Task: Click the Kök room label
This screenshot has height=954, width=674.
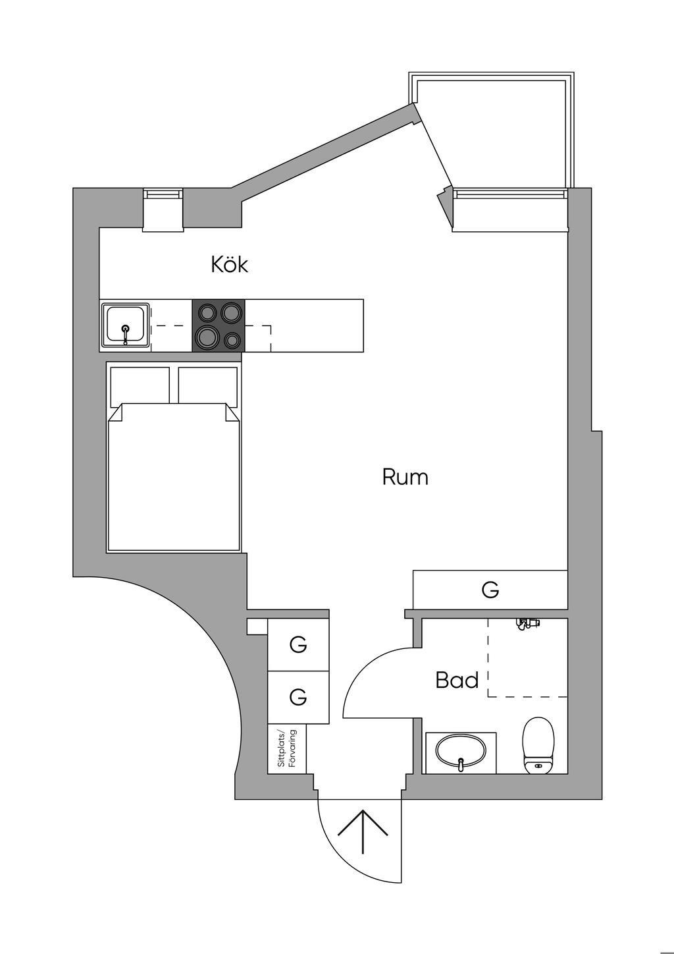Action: click(x=229, y=264)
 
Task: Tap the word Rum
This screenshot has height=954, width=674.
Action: click(x=405, y=477)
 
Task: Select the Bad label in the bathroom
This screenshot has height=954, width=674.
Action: click(x=457, y=680)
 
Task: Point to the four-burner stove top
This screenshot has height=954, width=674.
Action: click(x=219, y=326)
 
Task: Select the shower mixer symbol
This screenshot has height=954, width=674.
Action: click(x=528, y=623)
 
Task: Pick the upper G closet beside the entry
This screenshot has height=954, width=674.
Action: click(x=298, y=645)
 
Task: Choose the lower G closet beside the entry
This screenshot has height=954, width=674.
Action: click(x=298, y=697)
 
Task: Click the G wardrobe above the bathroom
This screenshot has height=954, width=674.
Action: click(x=490, y=590)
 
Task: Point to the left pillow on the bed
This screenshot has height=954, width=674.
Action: click(x=140, y=385)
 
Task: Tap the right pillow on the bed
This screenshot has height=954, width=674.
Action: click(x=207, y=385)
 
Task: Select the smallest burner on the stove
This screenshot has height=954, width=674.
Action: click(x=232, y=340)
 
